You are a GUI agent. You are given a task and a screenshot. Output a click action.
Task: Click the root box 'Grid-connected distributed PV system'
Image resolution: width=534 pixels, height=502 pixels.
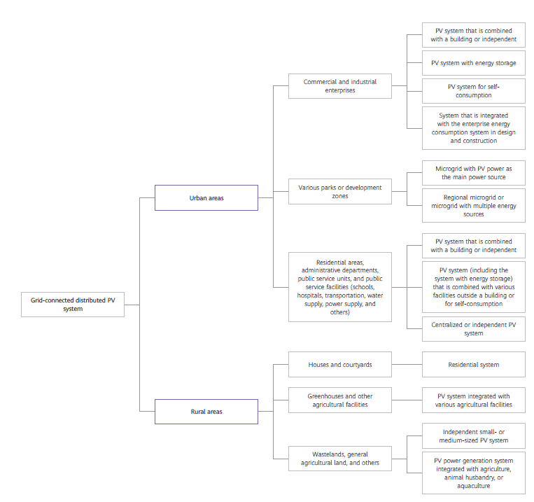(x=73, y=305)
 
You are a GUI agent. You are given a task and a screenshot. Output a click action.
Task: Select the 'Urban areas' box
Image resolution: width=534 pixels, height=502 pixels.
(x=206, y=197)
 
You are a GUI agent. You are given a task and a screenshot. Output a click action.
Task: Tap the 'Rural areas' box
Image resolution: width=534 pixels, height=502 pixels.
(x=206, y=412)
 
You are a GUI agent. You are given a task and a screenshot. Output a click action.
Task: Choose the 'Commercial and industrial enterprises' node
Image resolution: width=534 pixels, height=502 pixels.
(x=339, y=86)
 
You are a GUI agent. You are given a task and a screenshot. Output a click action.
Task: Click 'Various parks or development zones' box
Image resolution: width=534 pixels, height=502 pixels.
(x=339, y=192)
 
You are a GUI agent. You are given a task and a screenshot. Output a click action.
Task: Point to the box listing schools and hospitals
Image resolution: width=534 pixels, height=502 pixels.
(x=339, y=287)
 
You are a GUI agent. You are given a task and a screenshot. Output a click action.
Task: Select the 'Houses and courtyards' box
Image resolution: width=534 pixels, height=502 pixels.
(x=339, y=365)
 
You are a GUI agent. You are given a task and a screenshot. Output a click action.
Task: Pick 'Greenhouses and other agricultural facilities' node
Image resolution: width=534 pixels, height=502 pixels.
(x=339, y=400)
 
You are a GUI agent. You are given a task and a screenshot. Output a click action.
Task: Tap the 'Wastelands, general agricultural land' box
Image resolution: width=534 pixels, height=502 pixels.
(x=339, y=459)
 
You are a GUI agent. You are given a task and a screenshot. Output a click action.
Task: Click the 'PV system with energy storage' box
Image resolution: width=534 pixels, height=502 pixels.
(x=473, y=63)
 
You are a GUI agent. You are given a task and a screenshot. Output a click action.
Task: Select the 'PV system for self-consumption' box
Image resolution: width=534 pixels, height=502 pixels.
(x=473, y=91)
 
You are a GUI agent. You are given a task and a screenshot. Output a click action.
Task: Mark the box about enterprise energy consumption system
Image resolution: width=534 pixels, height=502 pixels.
(x=473, y=127)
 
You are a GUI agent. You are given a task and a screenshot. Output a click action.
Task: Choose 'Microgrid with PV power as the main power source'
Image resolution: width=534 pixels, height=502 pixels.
(x=473, y=173)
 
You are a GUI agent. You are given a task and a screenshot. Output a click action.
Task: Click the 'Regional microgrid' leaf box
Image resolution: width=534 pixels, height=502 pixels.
(x=473, y=206)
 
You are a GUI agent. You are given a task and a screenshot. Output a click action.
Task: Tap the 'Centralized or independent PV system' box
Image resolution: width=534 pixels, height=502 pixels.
(x=473, y=329)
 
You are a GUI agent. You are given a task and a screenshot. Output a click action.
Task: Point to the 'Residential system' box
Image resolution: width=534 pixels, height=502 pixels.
(x=473, y=365)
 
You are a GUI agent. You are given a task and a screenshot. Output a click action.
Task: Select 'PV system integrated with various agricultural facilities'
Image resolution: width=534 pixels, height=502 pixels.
(x=473, y=400)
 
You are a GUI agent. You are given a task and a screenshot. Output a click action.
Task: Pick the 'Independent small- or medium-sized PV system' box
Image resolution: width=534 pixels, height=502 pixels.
(x=473, y=436)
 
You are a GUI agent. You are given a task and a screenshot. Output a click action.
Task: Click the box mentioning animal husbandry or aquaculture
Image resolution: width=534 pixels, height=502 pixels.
(x=473, y=473)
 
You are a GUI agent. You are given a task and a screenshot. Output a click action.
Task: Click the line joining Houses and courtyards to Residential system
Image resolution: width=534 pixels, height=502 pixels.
(x=407, y=365)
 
